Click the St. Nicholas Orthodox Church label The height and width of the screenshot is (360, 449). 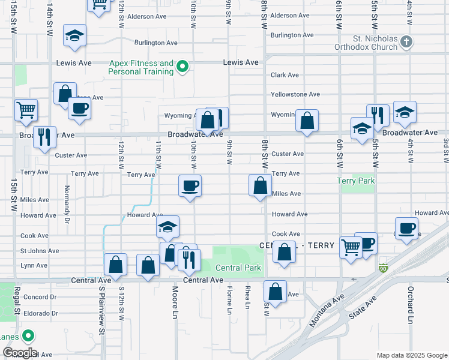click(375, 44)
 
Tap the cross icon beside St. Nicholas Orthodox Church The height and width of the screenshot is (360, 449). click(407, 41)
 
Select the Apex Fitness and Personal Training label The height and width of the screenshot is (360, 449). click(141, 67)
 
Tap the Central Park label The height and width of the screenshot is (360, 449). click(239, 268)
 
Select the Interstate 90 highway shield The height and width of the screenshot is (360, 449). click(383, 268)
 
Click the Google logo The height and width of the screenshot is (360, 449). click(19, 353)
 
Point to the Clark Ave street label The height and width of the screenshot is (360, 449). click(285, 75)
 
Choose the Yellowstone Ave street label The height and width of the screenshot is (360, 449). click(295, 94)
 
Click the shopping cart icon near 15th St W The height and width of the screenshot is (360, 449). click(26, 110)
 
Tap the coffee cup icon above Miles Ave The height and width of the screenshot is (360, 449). click(190, 185)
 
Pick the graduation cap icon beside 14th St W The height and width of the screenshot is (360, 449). click(74, 35)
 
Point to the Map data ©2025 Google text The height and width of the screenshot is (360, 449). click(411, 355)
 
